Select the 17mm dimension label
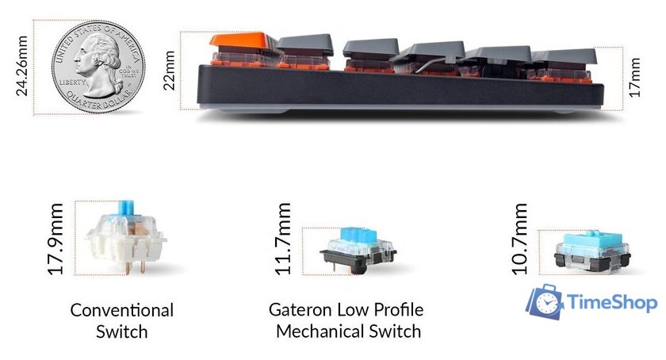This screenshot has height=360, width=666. coord(634,76)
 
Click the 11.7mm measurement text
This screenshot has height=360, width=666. coord(283,239)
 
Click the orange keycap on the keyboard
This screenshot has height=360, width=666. coord(242,41)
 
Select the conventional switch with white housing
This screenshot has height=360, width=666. coord(124,238)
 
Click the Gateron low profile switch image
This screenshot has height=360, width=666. coord(358,249)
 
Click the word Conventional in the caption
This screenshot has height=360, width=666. coord(121,310)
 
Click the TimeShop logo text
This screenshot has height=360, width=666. coord(613,302)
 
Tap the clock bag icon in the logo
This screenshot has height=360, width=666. coord(546,301)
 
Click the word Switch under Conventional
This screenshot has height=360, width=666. coord(121,331)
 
